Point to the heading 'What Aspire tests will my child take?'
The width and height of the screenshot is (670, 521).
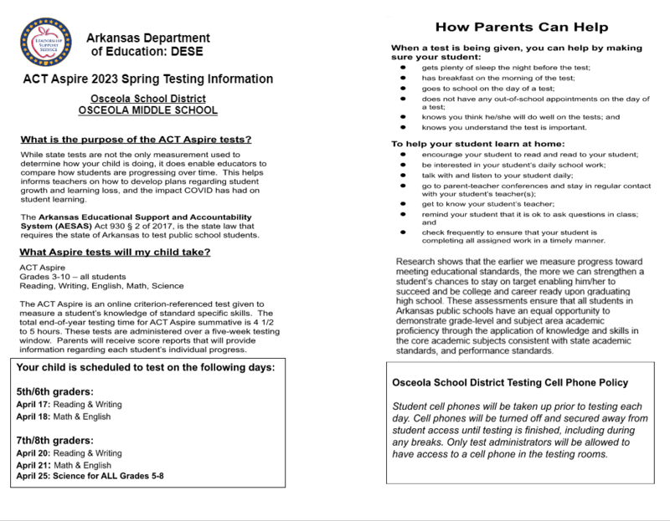tap(114, 253)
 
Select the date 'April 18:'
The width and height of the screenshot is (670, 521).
tap(34, 416)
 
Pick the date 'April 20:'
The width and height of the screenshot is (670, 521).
tap(34, 453)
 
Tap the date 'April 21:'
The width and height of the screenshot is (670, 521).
tap(34, 465)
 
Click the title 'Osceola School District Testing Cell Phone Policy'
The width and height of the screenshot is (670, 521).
tap(510, 383)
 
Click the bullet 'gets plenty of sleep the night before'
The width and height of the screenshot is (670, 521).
tap(507, 67)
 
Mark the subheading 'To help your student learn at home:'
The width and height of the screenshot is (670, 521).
tap(471, 145)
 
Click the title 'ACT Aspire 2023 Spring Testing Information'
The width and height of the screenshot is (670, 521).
tap(147, 79)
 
